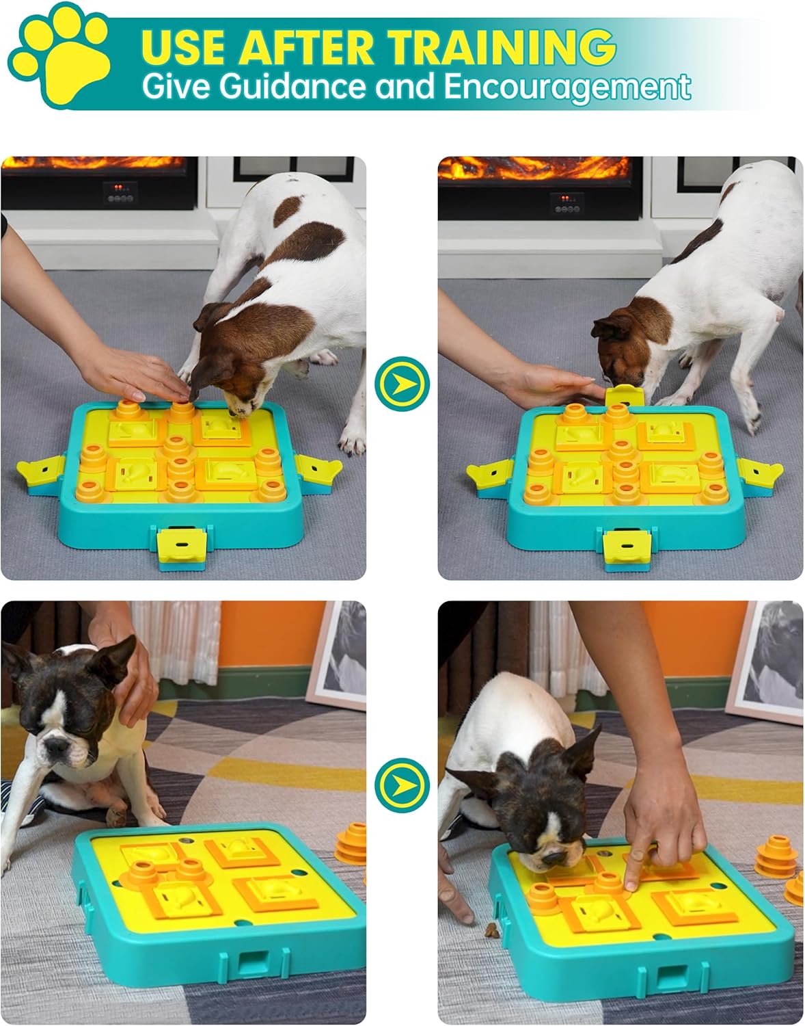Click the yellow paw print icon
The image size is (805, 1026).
[x=60, y=56]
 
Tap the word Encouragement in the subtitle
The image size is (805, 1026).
[x=568, y=88]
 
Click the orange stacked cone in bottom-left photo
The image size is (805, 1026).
[x=352, y=844]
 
